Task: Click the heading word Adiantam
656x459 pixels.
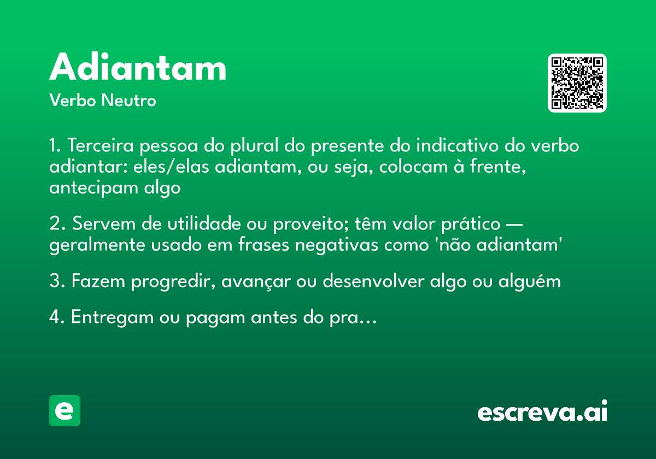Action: (x=138, y=68)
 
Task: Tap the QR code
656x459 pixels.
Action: (x=577, y=83)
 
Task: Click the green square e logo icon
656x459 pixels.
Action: (x=65, y=410)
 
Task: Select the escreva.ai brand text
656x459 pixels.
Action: (x=542, y=411)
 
